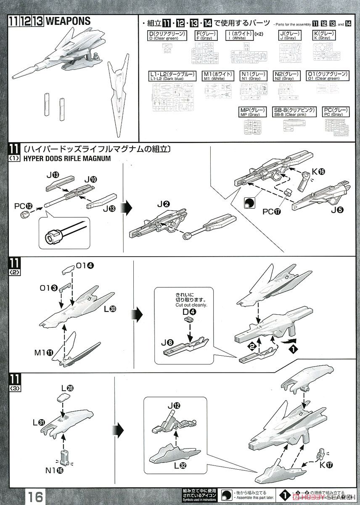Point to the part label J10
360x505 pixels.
click(90, 179)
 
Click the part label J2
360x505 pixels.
click(164, 205)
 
